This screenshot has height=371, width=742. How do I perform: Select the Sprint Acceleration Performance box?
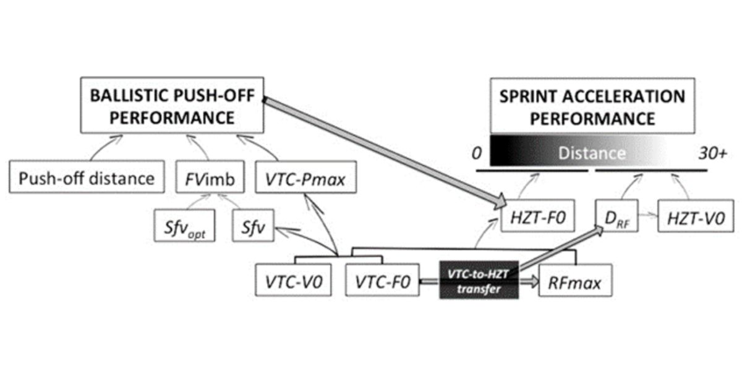point(592,106)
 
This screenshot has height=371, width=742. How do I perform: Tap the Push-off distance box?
point(86,179)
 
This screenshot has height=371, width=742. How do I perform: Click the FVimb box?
point(208,179)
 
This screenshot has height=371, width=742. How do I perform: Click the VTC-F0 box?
point(382,282)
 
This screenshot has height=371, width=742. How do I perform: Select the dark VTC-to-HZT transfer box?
point(478,280)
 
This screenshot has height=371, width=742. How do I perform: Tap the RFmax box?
point(570,282)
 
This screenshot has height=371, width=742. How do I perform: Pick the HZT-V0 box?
point(690,217)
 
